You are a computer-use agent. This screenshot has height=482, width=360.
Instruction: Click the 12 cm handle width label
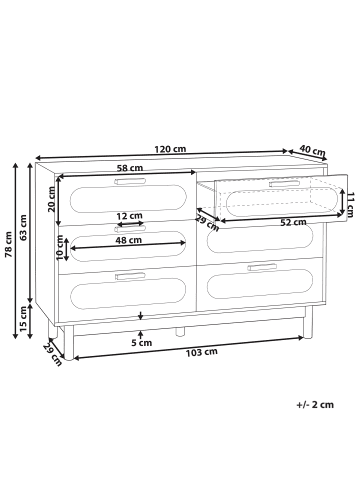pyautogui.click(x=129, y=215)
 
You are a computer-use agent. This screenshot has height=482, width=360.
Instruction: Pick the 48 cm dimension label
pyautogui.click(x=128, y=241)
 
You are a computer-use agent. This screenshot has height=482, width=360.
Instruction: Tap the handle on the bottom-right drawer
pyautogui.click(x=261, y=267)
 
